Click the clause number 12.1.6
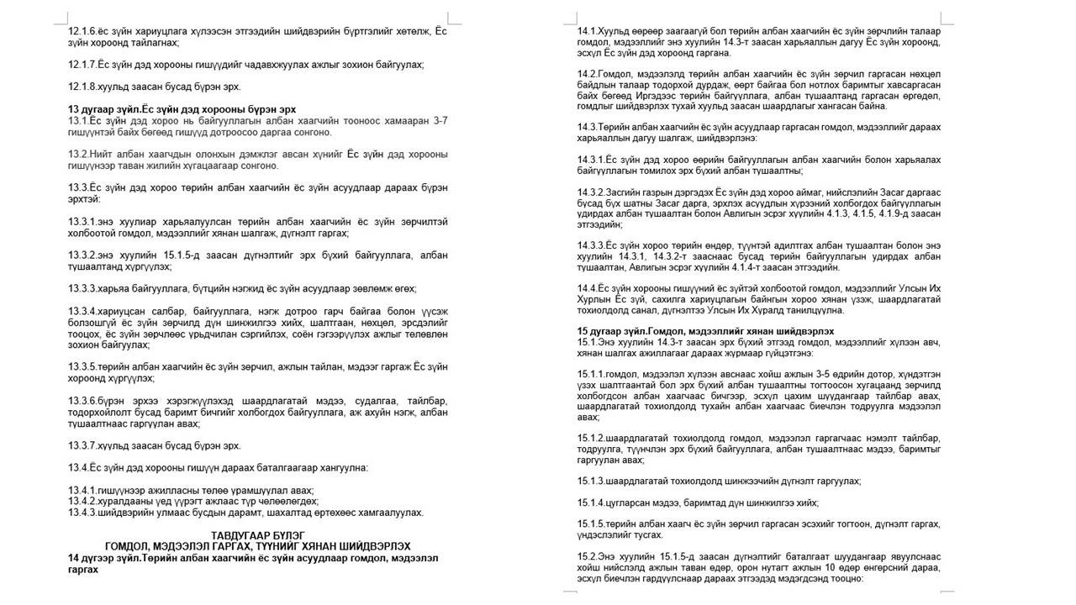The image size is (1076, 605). pyautogui.click(x=81, y=30)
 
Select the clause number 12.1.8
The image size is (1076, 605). pyautogui.click(x=81, y=86)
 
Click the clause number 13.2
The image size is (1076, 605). pyautogui.click(x=76, y=154)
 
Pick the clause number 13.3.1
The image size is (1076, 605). pyautogui.click(x=82, y=220)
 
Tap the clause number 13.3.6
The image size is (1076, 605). pyautogui.click(x=82, y=402)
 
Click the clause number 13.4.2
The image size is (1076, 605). pyautogui.click(x=82, y=501)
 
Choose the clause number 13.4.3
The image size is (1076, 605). pyautogui.click(x=82, y=512)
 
